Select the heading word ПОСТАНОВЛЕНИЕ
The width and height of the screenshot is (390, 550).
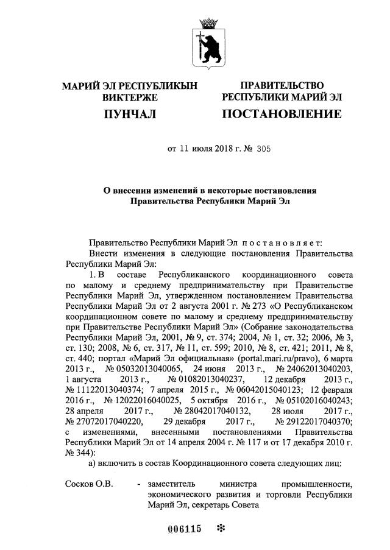281,114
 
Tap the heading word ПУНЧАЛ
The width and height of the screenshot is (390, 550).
130,114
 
